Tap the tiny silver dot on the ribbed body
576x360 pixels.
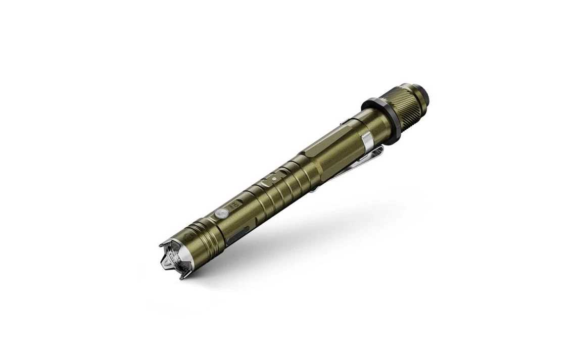[274, 178]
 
